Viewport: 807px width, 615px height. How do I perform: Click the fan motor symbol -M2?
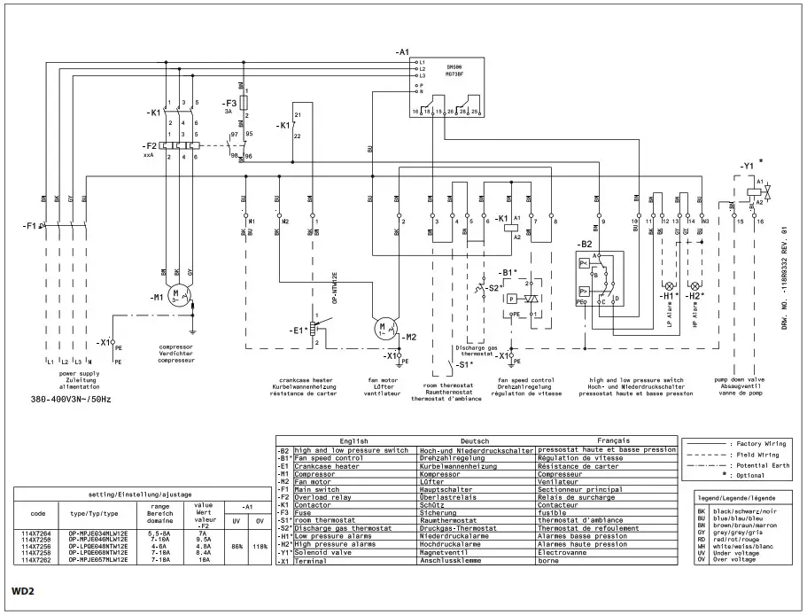click(x=384, y=329)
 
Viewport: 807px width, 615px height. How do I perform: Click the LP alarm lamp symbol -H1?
click(x=671, y=286)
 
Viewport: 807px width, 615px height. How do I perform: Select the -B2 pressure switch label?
click(x=586, y=243)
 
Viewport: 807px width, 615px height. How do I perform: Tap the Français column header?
click(x=601, y=440)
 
